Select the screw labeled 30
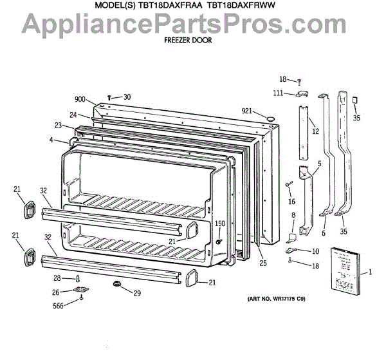coord(110,97)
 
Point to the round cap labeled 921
coord(271,118)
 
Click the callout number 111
coord(277,93)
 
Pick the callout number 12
coord(315,131)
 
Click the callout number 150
coord(219,223)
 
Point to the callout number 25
coord(262,263)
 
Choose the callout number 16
coord(291,201)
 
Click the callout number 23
coord(58,126)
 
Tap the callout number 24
coord(74,115)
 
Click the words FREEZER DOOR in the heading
coord(189,39)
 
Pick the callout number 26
coord(57,292)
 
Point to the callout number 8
coord(293,215)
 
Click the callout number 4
coord(50,139)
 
